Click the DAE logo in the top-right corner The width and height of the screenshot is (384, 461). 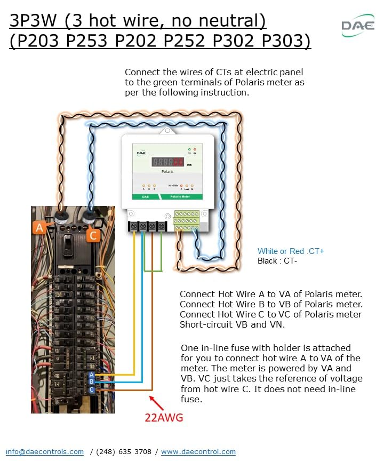pos(358,25)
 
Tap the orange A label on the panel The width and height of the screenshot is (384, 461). pos(39,228)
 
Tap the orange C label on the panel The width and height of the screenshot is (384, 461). pos(93,235)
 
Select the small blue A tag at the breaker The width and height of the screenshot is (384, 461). pos(92,374)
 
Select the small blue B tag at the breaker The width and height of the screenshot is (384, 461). pos(92,381)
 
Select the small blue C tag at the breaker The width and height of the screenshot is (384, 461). pos(92,390)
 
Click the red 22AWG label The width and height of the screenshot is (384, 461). pos(164,418)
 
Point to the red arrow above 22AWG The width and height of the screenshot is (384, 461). pos(155,401)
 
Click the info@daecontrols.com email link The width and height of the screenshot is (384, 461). pos(45,451)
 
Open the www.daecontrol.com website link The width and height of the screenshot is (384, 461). pos(198,451)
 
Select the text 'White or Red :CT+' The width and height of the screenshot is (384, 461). pos(291,251)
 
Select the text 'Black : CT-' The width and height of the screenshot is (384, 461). pos(277,260)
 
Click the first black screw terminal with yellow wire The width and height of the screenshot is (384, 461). pos(134,226)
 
